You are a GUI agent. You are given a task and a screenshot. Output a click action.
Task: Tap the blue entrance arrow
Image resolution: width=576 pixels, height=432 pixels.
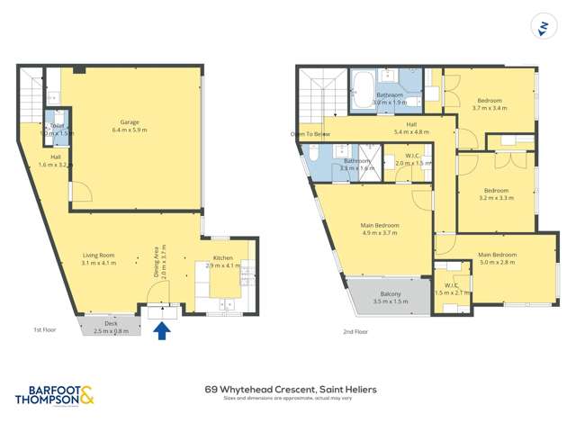[x=162, y=330]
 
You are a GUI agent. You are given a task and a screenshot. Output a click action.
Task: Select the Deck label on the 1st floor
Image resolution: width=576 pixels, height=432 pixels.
[x=111, y=326]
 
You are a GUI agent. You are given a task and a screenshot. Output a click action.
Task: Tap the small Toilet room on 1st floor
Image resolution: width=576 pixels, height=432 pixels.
[x=57, y=129]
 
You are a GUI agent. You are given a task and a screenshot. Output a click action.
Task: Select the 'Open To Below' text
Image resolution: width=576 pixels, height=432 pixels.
[x=310, y=133]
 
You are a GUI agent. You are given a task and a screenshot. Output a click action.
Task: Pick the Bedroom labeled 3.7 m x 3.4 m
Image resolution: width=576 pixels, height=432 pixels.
[x=490, y=103]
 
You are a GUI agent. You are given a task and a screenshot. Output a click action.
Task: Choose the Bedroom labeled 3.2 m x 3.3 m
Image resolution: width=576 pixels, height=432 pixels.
[x=497, y=193]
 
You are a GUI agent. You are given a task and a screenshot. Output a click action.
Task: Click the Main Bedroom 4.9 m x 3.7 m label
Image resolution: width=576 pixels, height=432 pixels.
[x=380, y=229]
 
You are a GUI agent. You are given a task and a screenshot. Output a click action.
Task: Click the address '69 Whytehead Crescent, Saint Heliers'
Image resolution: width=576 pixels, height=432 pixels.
[x=291, y=389]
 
